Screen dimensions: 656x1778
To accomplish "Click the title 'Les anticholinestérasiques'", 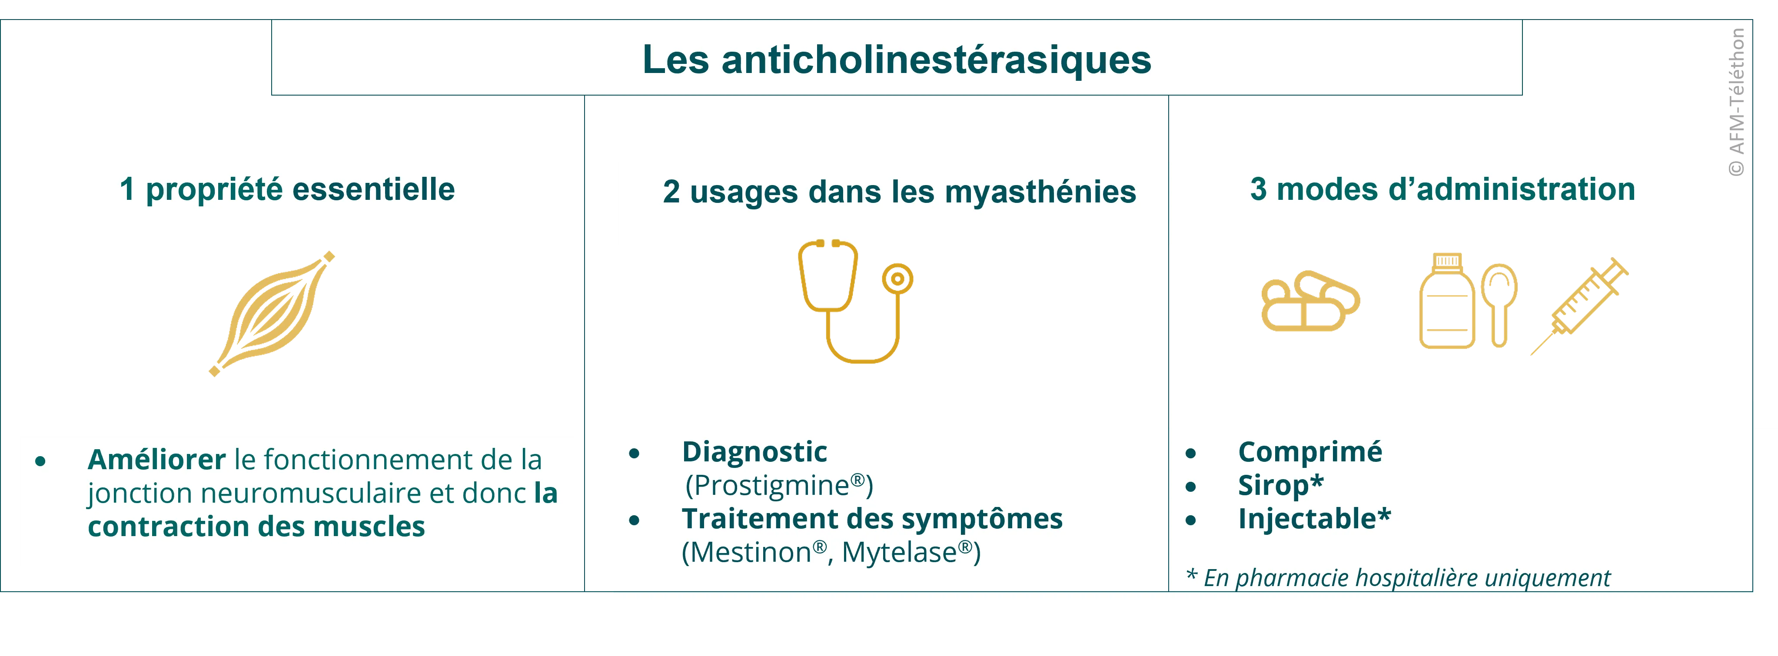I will coord(897,60).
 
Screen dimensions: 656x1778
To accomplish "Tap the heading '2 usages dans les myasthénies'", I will coord(899,192).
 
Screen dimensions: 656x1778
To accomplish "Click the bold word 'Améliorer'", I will coord(157,459).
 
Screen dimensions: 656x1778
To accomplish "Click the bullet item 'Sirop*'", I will coord(1280,486).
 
